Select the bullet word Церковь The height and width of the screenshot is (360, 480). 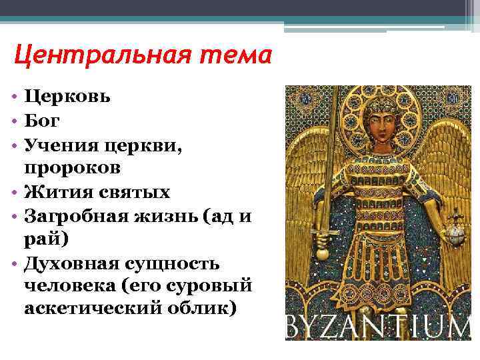point(68,97)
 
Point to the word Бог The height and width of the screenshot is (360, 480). point(43,121)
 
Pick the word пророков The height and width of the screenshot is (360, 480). point(73,168)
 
